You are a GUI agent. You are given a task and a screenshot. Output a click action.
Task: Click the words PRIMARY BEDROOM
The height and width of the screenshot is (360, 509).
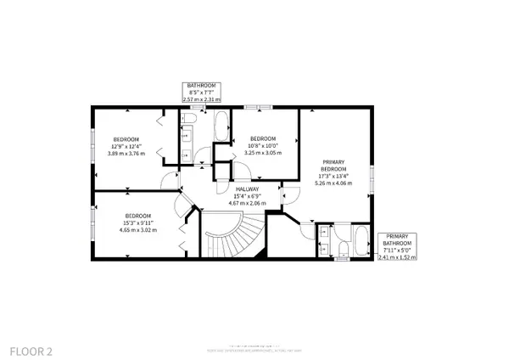[332, 165]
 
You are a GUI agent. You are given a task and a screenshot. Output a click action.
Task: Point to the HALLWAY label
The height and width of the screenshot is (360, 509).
[248, 190]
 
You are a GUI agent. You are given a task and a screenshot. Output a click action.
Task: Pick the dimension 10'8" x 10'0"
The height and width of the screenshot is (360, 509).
[263, 147]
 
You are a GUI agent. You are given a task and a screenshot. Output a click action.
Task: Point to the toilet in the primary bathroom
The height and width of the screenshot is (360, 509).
[338, 248]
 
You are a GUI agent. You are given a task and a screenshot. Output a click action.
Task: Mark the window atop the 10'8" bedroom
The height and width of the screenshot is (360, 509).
[259, 107]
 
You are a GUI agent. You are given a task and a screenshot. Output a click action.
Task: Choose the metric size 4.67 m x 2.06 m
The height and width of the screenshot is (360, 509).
[248, 204]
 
